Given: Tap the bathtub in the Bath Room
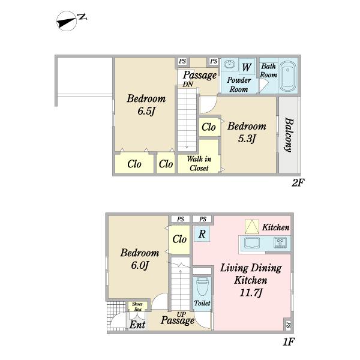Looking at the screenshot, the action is pyautogui.click(x=287, y=76).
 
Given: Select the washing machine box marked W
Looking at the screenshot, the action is pyautogui.click(x=247, y=67).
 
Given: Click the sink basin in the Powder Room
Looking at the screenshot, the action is pyautogui.click(x=229, y=64).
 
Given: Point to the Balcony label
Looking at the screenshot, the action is pyautogui.click(x=289, y=135).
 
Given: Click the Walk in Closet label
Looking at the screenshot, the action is pyautogui.click(x=199, y=163).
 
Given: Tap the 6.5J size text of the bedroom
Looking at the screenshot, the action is pyautogui.click(x=146, y=112).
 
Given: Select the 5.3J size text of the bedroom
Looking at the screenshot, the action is pyautogui.click(x=247, y=139).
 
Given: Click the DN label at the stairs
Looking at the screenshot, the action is pyautogui.click(x=188, y=84).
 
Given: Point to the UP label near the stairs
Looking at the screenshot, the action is pyautogui.click(x=181, y=314).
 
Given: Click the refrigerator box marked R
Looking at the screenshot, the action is pyautogui.click(x=202, y=234).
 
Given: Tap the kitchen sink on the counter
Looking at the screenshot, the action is pyautogui.click(x=252, y=242).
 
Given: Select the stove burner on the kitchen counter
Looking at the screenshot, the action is pyautogui.click(x=280, y=242).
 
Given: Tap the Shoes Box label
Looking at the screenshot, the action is pyautogui.click(x=137, y=307).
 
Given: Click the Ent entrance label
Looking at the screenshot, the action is pyautogui.click(x=137, y=325).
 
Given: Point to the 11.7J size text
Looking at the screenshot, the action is pyautogui.click(x=251, y=293).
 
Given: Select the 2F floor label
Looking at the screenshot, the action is pyautogui.click(x=298, y=183).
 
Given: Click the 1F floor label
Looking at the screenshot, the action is pyautogui.click(x=289, y=343).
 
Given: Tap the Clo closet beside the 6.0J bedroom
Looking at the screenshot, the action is pyautogui.click(x=179, y=239).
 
